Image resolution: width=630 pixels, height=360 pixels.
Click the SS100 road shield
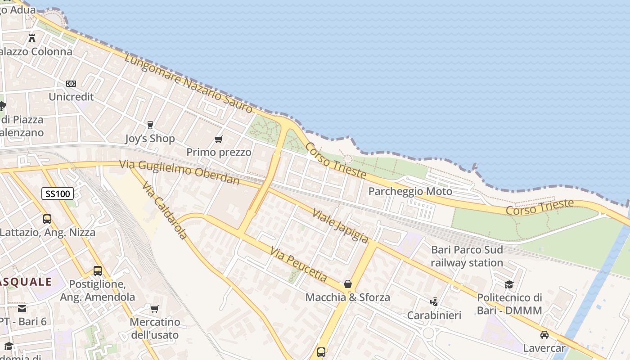[x=58, y=194]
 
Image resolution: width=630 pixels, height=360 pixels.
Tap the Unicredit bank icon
[x=71, y=84]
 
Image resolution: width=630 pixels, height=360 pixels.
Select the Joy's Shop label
[x=150, y=139]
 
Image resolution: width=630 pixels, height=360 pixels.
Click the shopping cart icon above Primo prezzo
[x=219, y=139]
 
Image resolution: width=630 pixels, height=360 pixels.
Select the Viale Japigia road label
[x=341, y=226]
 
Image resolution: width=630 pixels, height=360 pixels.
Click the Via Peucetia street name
[x=299, y=264]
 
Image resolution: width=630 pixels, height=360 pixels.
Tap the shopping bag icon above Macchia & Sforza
[x=348, y=284]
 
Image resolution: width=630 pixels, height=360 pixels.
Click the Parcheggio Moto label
[x=410, y=192]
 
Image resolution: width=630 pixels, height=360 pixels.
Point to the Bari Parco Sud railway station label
[x=467, y=256]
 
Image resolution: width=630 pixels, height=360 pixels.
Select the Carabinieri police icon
[x=434, y=301]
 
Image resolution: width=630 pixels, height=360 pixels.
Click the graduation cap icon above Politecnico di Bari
[x=509, y=284]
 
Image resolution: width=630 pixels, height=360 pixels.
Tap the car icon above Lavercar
[x=544, y=335]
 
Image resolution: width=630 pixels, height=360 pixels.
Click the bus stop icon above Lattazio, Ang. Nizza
[x=47, y=219]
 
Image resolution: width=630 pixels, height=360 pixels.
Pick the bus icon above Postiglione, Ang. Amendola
[x=98, y=271]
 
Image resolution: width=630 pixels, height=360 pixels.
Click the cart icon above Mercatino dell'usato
[x=155, y=309]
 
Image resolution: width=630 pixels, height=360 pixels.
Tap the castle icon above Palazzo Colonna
[x=32, y=38]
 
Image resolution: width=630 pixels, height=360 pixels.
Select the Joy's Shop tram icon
[x=150, y=125]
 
